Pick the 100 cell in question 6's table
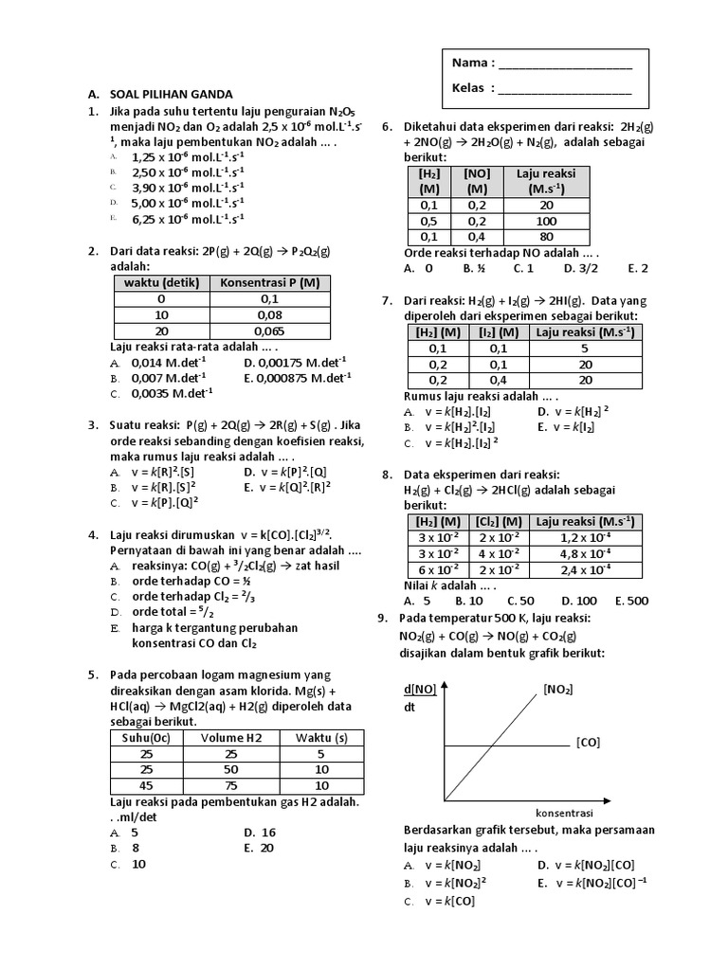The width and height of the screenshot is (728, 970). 546,221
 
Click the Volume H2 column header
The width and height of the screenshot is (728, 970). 227,738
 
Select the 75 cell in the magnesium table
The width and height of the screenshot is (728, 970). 227,785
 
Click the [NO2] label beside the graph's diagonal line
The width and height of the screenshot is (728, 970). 557,689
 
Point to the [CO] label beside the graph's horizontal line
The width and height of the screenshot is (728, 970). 588,743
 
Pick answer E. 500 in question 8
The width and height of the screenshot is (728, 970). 632,601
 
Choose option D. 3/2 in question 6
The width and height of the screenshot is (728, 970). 579,268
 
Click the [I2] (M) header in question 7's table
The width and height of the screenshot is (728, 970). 496,332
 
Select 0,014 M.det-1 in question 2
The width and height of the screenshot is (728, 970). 169,362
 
